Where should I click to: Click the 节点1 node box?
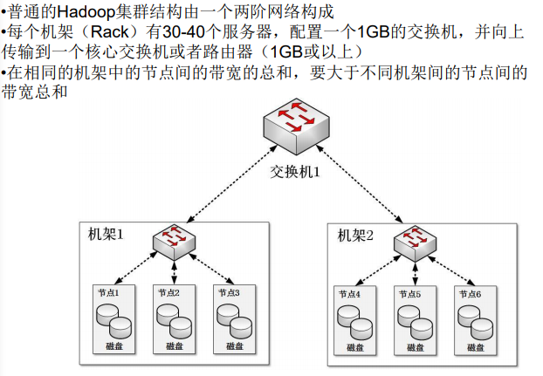(114, 318)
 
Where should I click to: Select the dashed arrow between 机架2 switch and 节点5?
(415, 272)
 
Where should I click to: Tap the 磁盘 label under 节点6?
(476, 348)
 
